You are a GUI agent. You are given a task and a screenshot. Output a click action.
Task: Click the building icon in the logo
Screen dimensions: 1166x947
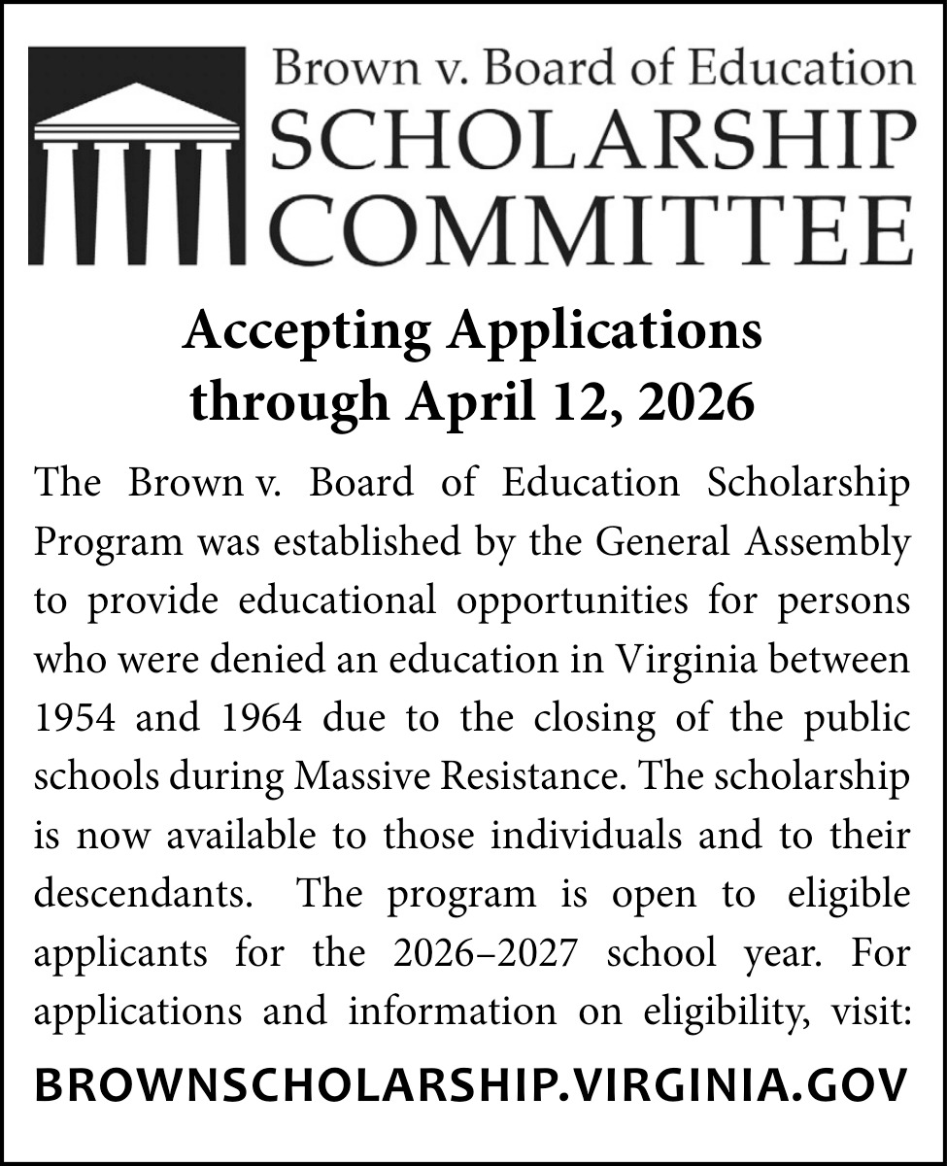pyautogui.click(x=135, y=155)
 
